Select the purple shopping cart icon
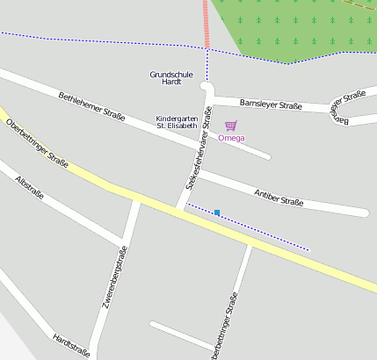[230, 126]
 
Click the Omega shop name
[231, 138]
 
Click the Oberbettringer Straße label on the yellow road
[37, 141]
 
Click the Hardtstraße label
[71, 344]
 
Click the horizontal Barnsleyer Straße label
[271, 105]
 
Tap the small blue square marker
[217, 212]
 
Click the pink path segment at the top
[207, 23]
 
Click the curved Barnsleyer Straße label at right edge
[349, 104]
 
